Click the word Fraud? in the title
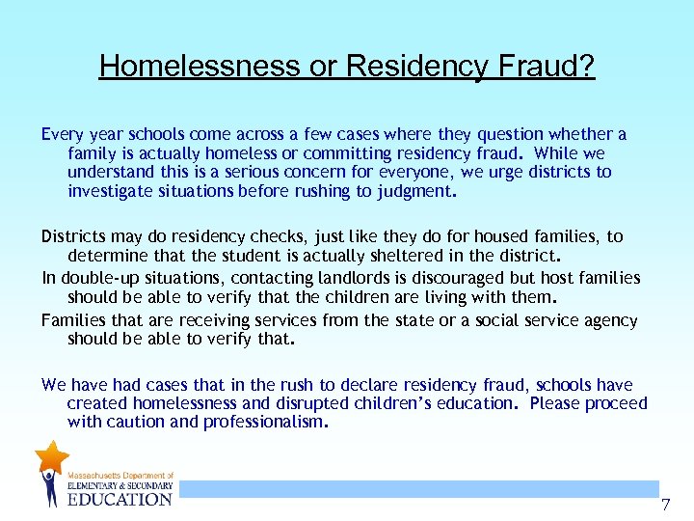coord(551,66)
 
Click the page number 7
coord(665,505)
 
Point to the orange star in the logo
coord(51,456)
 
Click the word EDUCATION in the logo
coord(120,499)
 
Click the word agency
coord(609,320)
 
